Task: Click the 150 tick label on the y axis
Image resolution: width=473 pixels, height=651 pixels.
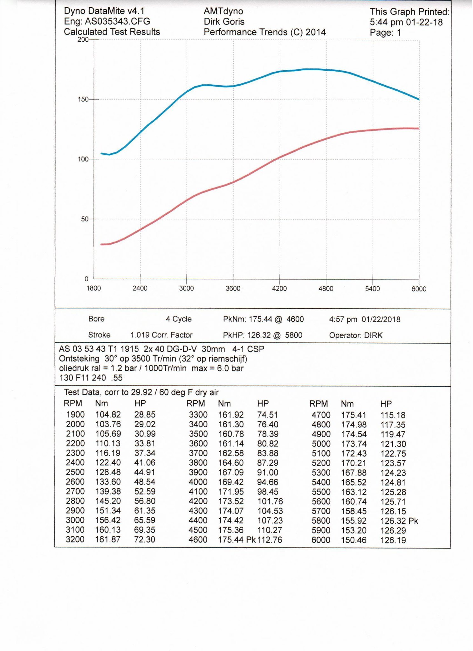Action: pos(83,99)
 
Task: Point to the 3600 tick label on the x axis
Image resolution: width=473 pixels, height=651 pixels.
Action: pos(233,289)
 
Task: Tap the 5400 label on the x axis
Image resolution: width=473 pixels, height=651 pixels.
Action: pos(372,289)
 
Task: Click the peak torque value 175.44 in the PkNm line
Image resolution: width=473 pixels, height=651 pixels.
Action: pos(260,319)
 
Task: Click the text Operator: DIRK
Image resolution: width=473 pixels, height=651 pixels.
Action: pos(356,335)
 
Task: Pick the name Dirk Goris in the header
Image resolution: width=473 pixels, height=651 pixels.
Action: pos(224,22)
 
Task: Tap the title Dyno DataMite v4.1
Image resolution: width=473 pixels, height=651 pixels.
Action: pos(104,11)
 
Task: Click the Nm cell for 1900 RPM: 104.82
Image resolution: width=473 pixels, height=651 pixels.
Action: pos(108,415)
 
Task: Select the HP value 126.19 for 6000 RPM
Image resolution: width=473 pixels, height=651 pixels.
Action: pos(393,540)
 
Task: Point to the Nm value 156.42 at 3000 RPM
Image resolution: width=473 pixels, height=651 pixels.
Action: pos(108,520)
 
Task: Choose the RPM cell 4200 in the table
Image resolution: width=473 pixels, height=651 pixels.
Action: pos(198,501)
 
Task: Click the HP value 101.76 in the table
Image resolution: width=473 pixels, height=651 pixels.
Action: pos(270,501)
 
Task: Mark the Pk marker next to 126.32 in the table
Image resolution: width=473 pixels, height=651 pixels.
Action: pos(413,521)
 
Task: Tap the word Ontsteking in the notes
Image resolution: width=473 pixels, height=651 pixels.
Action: pos(79,359)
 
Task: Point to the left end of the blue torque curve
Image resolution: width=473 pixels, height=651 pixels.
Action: pos(101,154)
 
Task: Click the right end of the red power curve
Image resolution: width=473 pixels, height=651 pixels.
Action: pos(419,129)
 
